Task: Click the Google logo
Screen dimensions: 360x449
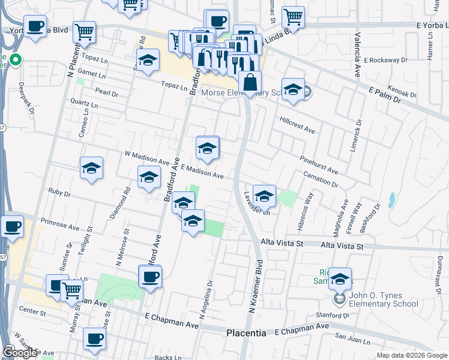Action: tap(20, 353)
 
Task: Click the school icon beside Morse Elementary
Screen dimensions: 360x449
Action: tap(292, 90)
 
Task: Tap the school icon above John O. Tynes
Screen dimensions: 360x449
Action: tap(340, 279)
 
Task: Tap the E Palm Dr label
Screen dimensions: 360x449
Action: tap(384, 93)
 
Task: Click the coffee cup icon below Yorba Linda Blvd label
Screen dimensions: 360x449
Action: tap(35, 27)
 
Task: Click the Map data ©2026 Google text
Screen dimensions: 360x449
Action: tap(411, 355)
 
